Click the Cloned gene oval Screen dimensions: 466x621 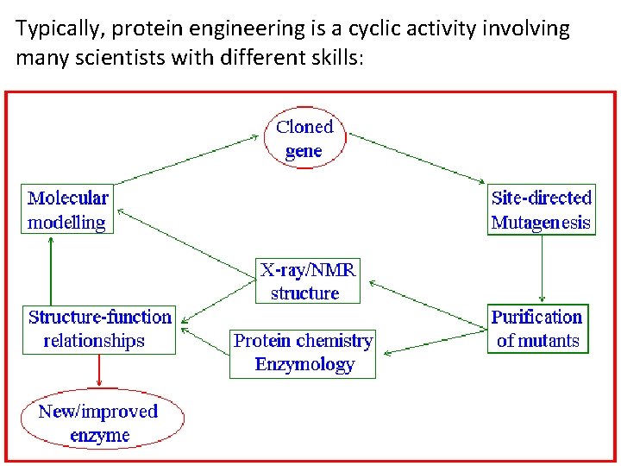pyautogui.click(x=304, y=139)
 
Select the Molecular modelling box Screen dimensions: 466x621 pyautogui.click(x=68, y=210)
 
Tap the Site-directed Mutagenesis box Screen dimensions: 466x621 pyautogui.click(x=541, y=210)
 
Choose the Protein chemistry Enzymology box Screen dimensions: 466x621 pyautogui.click(x=303, y=352)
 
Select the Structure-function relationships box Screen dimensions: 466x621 pyautogui.click(x=99, y=329)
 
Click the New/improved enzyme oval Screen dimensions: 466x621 pyautogui.click(x=102, y=423)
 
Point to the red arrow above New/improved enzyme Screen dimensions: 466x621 pyautogui.click(x=99, y=372)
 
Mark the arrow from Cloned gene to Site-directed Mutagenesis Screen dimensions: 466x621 pyautogui.click(x=419, y=158)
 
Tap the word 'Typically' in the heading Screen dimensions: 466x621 pyautogui.click(x=54, y=29)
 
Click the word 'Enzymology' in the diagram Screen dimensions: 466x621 pyautogui.click(x=304, y=364)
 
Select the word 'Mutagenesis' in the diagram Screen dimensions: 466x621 pyautogui.click(x=541, y=223)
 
